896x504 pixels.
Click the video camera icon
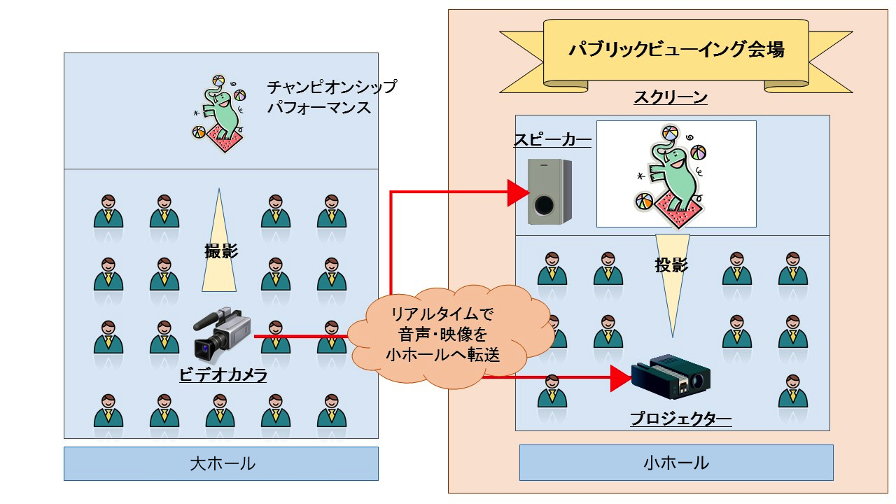pyautogui.click(x=222, y=335)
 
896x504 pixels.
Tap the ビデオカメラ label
pyautogui.click(x=223, y=374)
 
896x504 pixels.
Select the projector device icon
pyautogui.click(x=671, y=377)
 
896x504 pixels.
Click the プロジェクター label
pyautogui.click(x=681, y=419)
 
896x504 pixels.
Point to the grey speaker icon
pyautogui.click(x=549, y=192)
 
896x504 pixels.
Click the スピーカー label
pyautogui.click(x=552, y=139)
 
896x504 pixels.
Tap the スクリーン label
pyautogui.click(x=671, y=97)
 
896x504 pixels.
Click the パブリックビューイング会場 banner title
pyautogui.click(x=676, y=49)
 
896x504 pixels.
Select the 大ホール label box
pyautogui.click(x=221, y=463)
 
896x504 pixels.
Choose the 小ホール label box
pyautogui.click(x=676, y=463)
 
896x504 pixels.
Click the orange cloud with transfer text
pyautogui.click(x=444, y=335)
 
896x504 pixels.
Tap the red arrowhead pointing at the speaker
pyautogui.click(x=519, y=192)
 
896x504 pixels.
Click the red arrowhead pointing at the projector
pyautogui.click(x=621, y=378)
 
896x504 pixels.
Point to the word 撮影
pyautogui.click(x=221, y=251)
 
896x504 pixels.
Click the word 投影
pyautogui.click(x=671, y=265)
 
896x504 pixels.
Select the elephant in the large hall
pyautogui.click(x=219, y=113)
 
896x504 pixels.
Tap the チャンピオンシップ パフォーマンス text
pyautogui.click(x=332, y=97)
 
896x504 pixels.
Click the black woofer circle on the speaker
pyautogui.click(x=544, y=205)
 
